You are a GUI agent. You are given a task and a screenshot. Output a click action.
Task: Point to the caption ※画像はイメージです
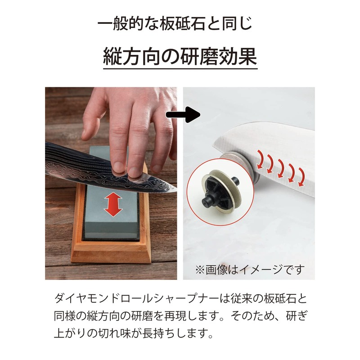(250, 270)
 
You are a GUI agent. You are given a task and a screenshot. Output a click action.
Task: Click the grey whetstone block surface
(110, 220)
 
